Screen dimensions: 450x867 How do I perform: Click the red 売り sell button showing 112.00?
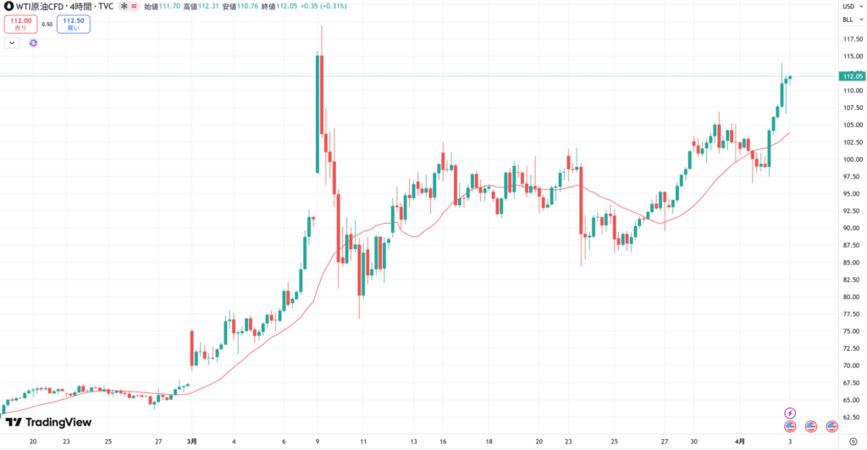coord(21,25)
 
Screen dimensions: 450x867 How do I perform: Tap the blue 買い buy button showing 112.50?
coord(74,25)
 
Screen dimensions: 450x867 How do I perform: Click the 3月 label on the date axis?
coord(192,442)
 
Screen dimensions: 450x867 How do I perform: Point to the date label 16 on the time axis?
coord(442,442)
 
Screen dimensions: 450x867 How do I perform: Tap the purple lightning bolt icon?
coord(791,413)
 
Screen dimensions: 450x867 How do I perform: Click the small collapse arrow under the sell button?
coord(12,42)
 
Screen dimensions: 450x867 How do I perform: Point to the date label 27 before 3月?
coord(159,442)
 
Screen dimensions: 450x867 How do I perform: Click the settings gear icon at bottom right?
coord(853,442)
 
